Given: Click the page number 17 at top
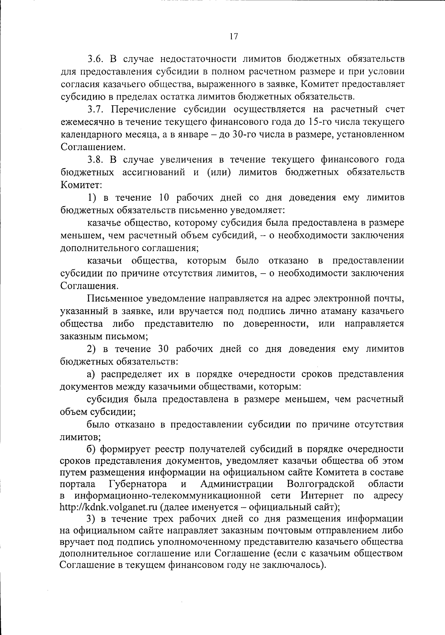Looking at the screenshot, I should tap(233, 36).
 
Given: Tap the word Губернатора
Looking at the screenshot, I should tap(138, 484).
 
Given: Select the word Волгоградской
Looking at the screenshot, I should tap(321, 484).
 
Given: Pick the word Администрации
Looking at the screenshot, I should tap(237, 484).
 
